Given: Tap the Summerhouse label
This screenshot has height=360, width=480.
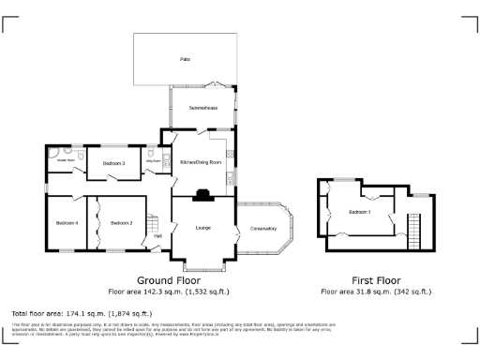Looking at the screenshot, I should pyautogui.click(x=203, y=108).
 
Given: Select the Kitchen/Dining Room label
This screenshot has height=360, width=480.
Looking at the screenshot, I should pyautogui.click(x=201, y=162).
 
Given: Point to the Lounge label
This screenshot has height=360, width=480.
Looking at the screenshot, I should pyautogui.click(x=202, y=228).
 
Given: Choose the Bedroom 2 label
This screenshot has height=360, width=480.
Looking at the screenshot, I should pyautogui.click(x=121, y=222).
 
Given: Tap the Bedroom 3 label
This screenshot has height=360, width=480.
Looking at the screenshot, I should pyautogui.click(x=113, y=163).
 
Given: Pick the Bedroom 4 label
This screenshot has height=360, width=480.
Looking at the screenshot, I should pyautogui.click(x=66, y=222).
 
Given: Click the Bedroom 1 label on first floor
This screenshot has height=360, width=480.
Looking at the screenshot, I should pyautogui.click(x=360, y=212).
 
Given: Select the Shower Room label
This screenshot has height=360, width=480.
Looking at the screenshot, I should pyautogui.click(x=66, y=160).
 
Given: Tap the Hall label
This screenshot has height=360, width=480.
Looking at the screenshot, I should pyautogui.click(x=158, y=235).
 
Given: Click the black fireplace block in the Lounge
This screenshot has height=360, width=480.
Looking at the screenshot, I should pyautogui.click(x=202, y=197).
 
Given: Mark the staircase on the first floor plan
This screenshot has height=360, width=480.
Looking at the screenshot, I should pyautogui.click(x=413, y=226).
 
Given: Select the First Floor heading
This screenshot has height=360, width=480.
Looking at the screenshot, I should pyautogui.click(x=377, y=280).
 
